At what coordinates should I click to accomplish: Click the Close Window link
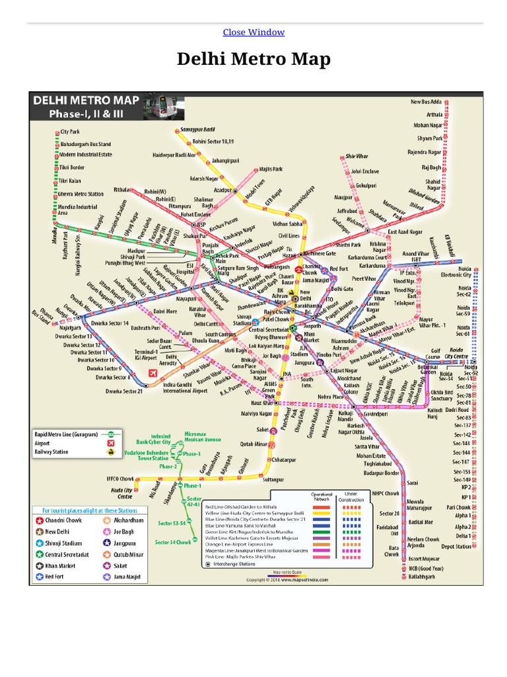pos(253,32)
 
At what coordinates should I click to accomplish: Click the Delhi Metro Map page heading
pos(253,60)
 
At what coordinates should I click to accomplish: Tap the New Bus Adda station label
pos(426,102)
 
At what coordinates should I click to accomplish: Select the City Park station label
pos(69,132)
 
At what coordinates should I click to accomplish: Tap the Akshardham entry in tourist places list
pos(131,520)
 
